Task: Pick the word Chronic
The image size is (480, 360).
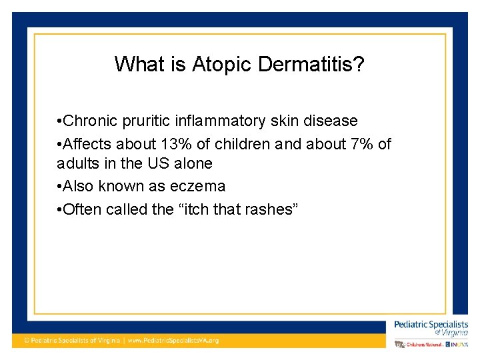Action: (90, 121)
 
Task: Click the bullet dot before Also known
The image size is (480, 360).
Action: (60, 187)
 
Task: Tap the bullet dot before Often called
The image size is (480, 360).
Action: (60, 209)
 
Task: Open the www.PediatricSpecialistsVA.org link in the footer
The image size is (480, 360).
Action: (173, 341)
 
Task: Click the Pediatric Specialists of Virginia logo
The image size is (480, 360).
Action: (431, 327)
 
